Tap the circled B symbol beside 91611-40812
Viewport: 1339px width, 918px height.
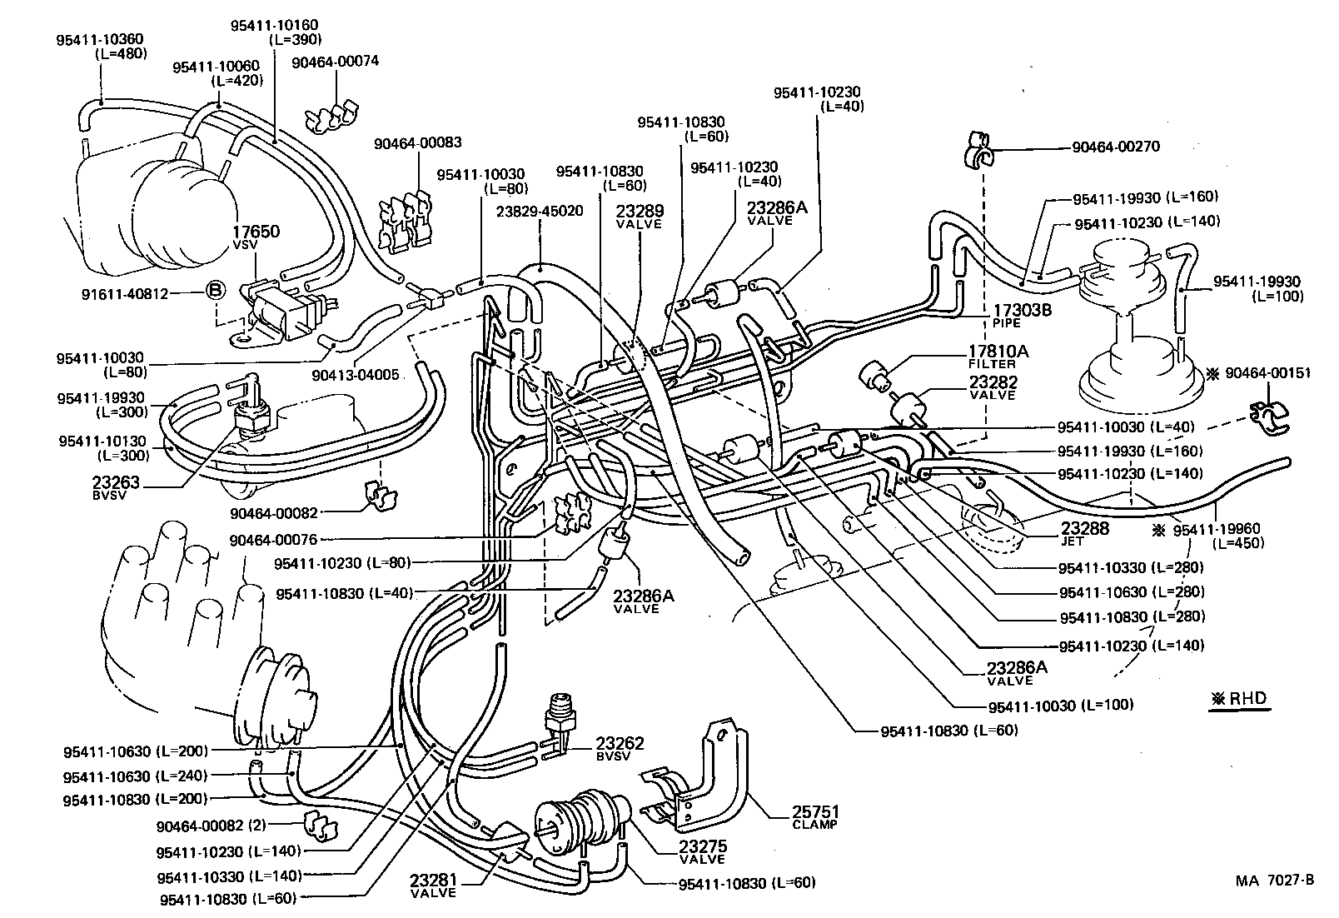pos(215,291)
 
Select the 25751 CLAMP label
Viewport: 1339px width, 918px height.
pos(816,816)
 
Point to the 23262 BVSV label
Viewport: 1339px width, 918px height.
pos(620,748)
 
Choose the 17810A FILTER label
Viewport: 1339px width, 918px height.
pos(997,357)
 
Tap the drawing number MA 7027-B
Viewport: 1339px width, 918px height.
pos(1274,881)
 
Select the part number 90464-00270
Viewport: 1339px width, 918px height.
pos(1115,147)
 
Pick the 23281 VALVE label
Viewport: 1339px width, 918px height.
pos(433,886)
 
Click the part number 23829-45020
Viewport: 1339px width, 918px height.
pos(539,212)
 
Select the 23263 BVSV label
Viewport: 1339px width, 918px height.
pos(115,487)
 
